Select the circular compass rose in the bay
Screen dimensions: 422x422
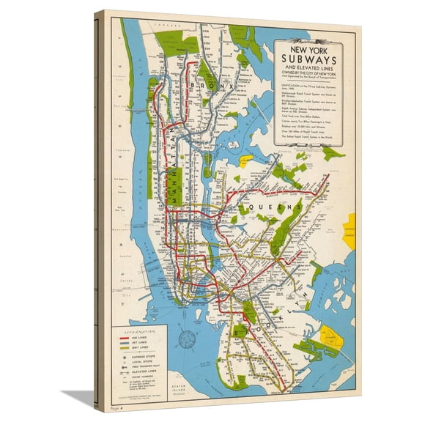tap(187, 338)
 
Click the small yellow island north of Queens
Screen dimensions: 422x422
tap(245, 158)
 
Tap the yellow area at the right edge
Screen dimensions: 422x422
tap(351, 226)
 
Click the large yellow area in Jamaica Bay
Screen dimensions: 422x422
tap(333, 337)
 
